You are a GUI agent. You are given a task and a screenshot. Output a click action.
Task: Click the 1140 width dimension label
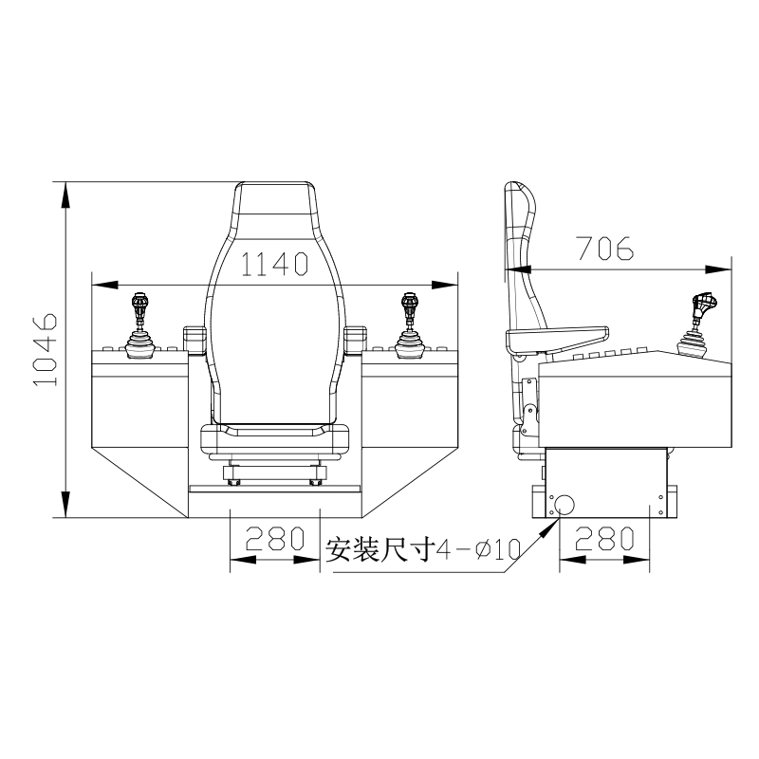274,264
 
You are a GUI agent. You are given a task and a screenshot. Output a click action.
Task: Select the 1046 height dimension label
46,349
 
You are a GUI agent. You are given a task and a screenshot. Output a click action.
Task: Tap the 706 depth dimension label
605,248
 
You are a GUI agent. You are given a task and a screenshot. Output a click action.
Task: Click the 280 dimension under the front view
275,539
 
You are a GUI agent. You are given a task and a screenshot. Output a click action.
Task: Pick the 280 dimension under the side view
604,538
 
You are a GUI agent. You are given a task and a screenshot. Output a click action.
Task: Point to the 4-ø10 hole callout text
479,549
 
